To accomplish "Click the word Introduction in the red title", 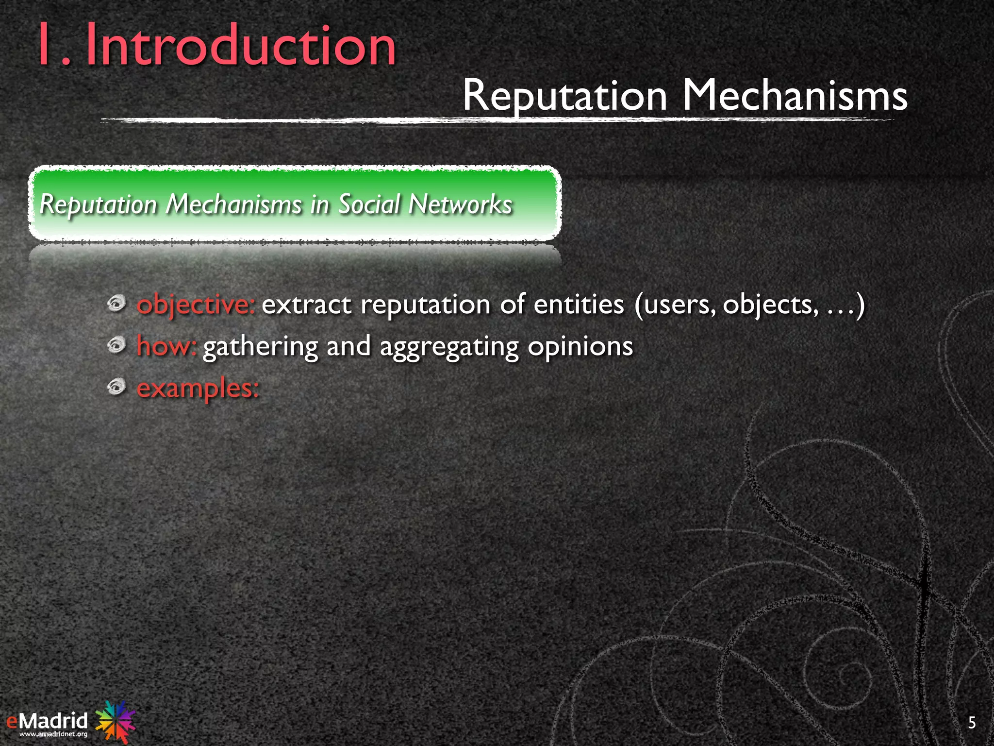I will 241,47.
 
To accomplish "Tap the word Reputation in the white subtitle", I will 565,96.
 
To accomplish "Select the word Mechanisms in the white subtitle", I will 795,96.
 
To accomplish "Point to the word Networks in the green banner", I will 460,204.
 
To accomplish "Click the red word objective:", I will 196,305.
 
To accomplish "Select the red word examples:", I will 198,389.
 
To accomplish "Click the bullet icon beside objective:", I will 116,304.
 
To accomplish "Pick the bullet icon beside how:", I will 116,345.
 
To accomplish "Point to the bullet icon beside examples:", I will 116,387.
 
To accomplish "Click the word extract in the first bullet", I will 306,305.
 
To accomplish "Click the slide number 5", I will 972,723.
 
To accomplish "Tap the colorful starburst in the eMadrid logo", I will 116,720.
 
